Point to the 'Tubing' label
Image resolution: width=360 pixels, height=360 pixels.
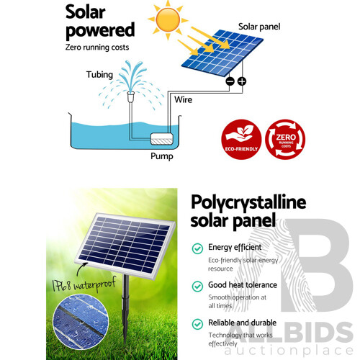(x=99, y=74)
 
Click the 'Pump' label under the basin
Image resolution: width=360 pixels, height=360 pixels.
(x=161, y=155)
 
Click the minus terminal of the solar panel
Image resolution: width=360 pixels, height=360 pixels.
(x=230, y=81)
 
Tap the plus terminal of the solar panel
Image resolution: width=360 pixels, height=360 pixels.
(x=242, y=81)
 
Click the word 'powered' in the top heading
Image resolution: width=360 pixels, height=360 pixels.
(x=100, y=30)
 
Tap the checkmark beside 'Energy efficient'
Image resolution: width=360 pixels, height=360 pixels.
(x=196, y=248)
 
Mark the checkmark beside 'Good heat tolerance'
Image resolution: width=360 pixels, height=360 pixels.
(x=196, y=286)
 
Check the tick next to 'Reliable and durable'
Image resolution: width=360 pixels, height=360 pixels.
(x=196, y=324)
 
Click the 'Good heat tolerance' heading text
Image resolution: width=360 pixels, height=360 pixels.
(x=243, y=286)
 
